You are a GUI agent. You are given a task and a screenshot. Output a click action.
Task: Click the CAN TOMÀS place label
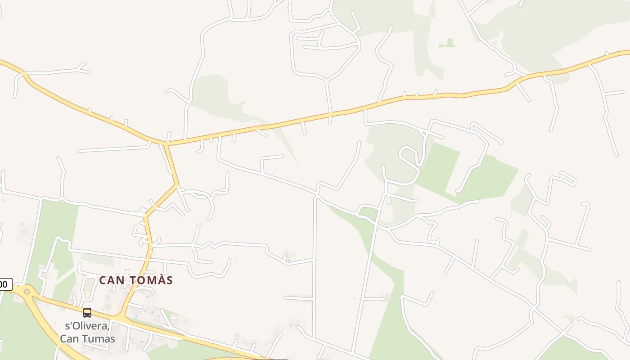136,280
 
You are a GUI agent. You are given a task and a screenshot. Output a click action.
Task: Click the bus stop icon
87,312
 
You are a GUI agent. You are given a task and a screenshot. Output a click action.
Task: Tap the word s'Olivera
87,326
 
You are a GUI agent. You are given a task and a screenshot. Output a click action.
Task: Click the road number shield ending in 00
5,284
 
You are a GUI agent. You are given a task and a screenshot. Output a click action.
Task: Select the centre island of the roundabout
27,292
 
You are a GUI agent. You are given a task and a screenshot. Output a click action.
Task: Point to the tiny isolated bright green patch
447,44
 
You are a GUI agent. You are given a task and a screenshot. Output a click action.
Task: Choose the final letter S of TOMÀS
169,280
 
